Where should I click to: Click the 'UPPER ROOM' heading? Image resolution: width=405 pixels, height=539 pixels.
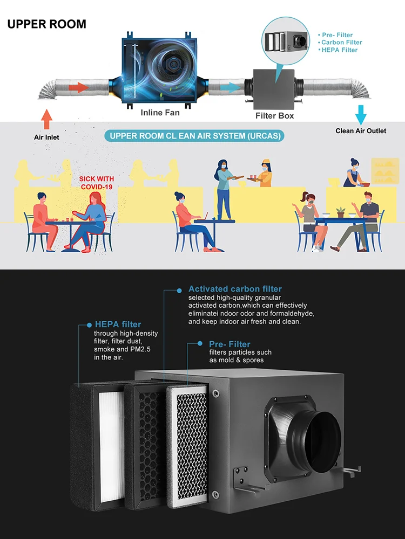tap(47, 24)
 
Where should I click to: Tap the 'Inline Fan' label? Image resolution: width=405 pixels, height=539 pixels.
tap(160, 113)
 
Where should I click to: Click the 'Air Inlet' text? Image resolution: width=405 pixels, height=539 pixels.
tap(47, 137)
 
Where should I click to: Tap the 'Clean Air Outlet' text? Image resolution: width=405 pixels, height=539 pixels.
tap(361, 131)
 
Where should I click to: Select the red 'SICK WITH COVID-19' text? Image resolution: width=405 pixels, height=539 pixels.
tap(97, 183)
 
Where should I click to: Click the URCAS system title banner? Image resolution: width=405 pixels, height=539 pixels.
tap(195, 136)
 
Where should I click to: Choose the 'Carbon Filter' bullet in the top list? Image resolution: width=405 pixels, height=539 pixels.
tap(341, 43)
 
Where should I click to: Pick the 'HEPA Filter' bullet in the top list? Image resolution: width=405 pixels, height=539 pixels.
tap(339, 50)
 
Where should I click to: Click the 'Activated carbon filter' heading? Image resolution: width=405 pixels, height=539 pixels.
tap(235, 289)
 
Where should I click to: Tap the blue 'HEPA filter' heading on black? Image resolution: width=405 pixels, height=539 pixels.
tap(118, 324)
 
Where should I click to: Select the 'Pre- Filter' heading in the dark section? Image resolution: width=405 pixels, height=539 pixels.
tap(230, 344)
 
